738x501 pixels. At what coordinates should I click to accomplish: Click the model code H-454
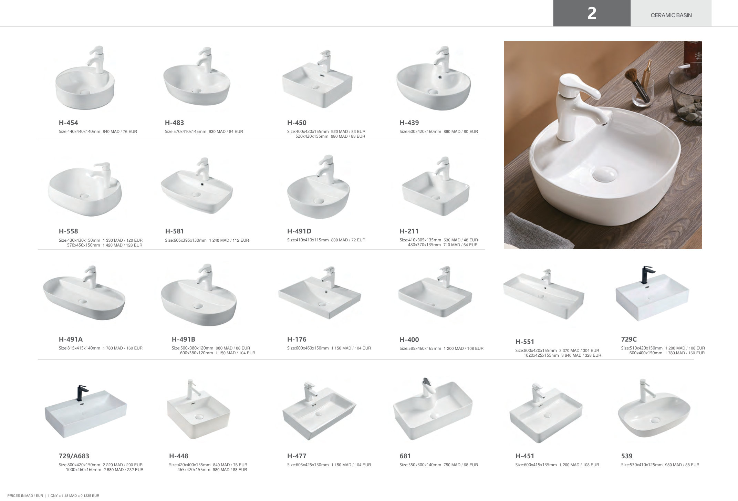[x=68, y=123]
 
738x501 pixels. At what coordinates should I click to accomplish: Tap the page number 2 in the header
[x=592, y=13]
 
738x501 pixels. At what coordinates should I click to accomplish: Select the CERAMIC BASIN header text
[x=671, y=15]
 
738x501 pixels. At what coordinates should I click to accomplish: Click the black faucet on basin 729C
[x=646, y=274]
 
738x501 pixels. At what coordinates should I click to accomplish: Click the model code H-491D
[x=299, y=231]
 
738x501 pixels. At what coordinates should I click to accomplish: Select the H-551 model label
[x=524, y=342]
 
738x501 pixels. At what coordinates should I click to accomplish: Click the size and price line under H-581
[x=207, y=240]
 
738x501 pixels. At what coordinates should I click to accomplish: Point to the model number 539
[x=627, y=456]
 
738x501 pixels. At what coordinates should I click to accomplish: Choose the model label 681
[x=405, y=456]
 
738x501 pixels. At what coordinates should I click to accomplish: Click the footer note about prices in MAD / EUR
[x=53, y=496]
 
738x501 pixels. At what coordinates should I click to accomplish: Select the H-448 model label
[x=178, y=456]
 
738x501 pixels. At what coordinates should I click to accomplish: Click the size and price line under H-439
[x=438, y=132]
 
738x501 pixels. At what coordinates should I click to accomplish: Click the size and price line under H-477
[x=329, y=465]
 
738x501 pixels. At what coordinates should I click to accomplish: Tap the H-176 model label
[x=297, y=339]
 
